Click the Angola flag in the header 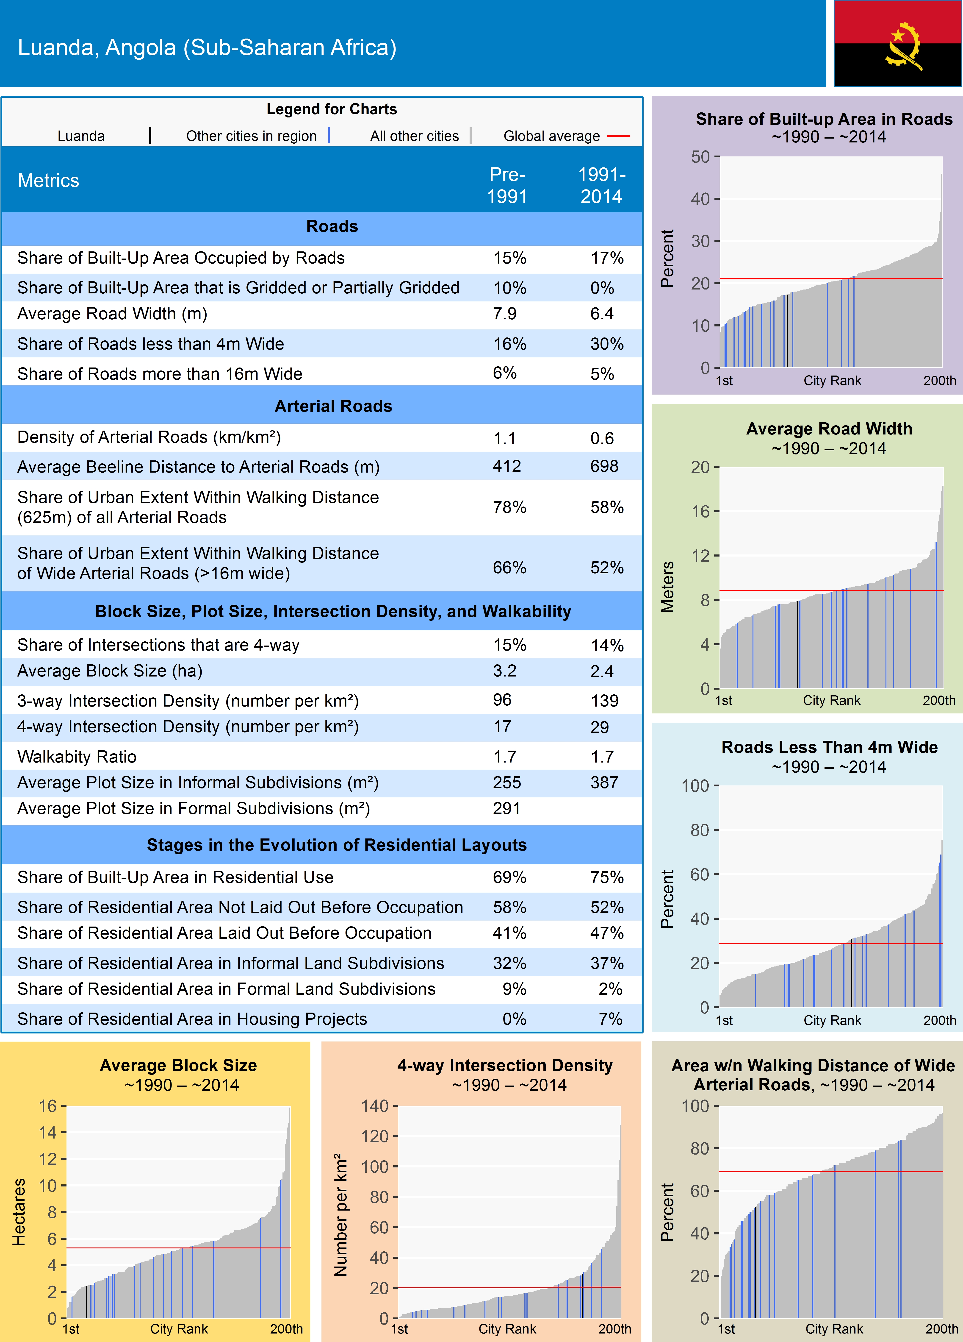pyautogui.click(x=897, y=43)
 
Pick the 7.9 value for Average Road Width pyautogui.click(x=505, y=314)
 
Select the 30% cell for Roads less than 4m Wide pyautogui.click(x=606, y=344)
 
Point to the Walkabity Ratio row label pyautogui.click(x=77, y=757)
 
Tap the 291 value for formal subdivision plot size pyautogui.click(x=506, y=808)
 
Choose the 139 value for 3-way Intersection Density pyautogui.click(x=604, y=701)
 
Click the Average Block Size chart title pyautogui.click(x=178, y=1065)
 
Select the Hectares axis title pyautogui.click(x=19, y=1212)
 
